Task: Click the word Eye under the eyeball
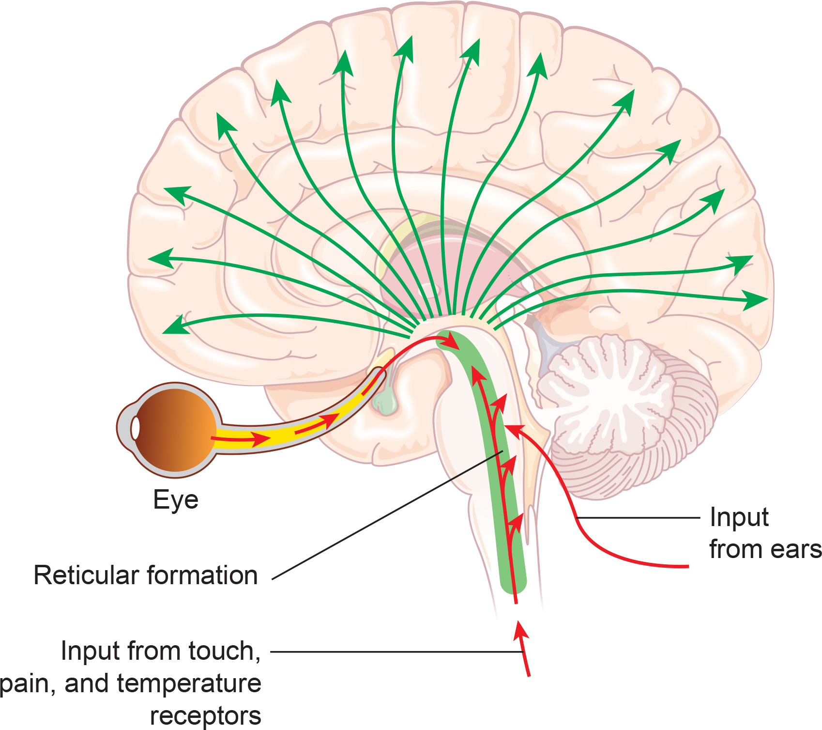pos(175,500)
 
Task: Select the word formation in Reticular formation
pos(202,575)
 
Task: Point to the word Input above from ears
pos(739,518)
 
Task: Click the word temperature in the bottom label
pos(189,683)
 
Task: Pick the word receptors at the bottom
pos(205,715)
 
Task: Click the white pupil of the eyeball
pos(136,428)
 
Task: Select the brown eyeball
pos(174,427)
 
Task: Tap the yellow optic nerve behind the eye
pos(290,431)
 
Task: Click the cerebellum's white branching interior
pos(605,388)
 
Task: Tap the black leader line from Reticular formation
pos(387,514)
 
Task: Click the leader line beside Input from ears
pos(639,518)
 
